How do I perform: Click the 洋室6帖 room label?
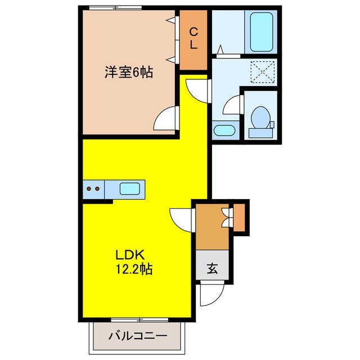129,73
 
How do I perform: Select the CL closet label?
193,38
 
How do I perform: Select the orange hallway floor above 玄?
210,228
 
